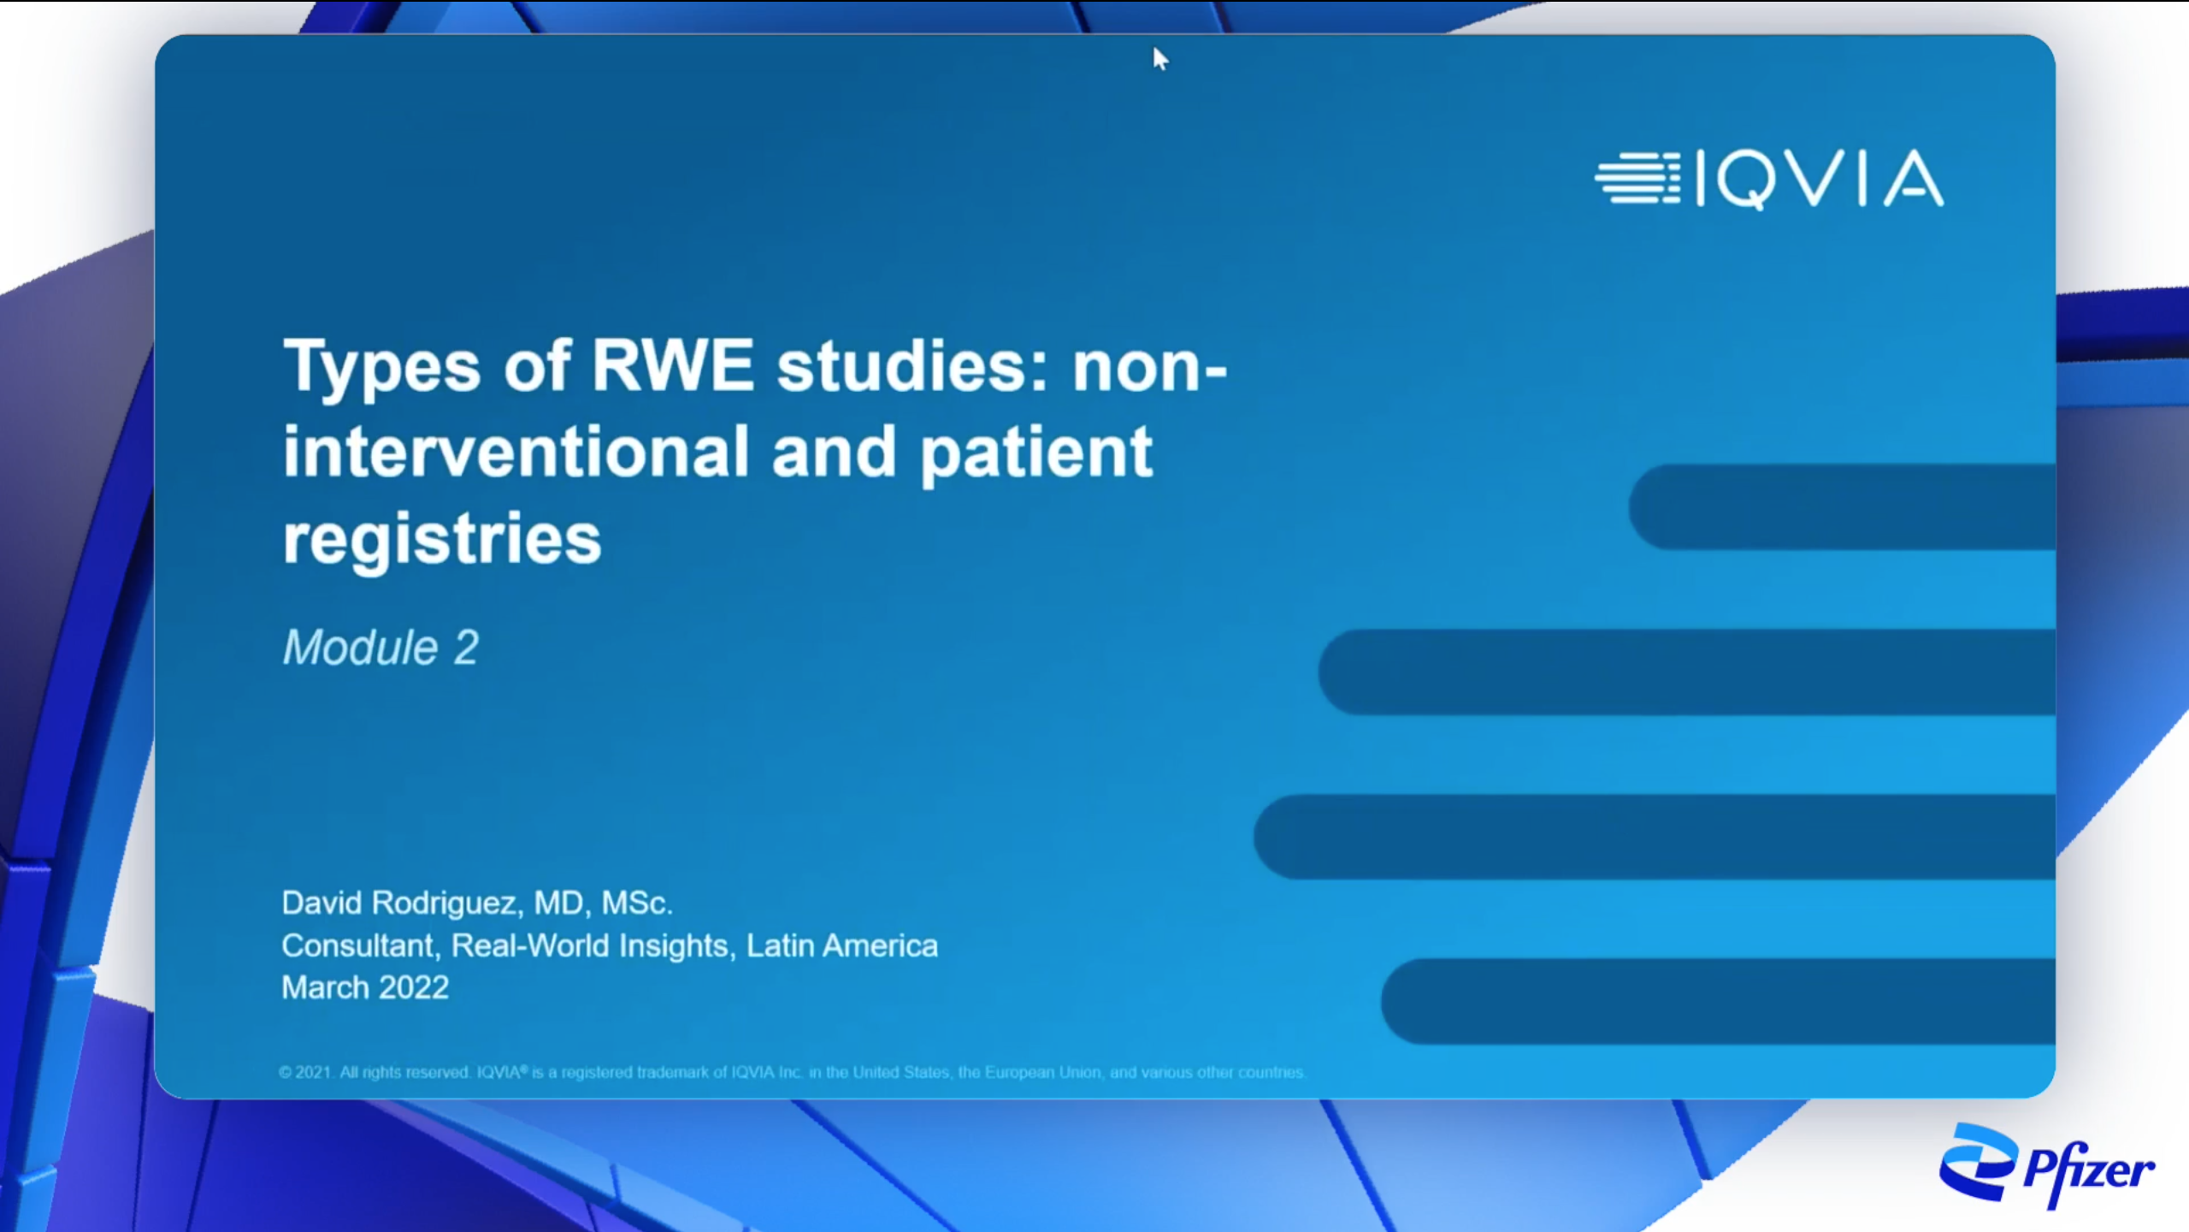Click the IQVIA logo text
1820,179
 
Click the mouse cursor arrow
1159,59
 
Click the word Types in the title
381,368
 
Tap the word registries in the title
442,540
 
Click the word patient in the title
1036,453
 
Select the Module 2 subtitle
381,647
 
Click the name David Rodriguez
399,903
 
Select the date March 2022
365,987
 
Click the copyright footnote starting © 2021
793,1072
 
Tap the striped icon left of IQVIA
1637,178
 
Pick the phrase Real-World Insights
589,945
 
